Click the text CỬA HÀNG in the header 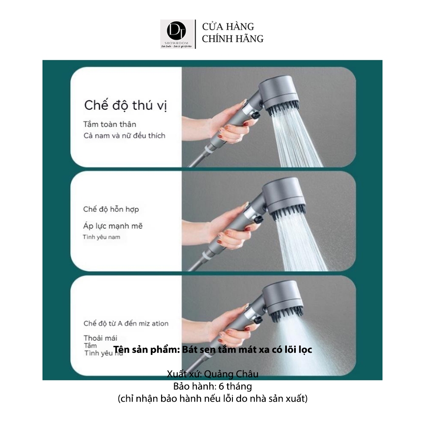pyautogui.click(x=228, y=27)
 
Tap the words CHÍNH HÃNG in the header pyautogui.click(x=232, y=39)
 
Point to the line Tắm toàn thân pyautogui.click(x=110, y=124)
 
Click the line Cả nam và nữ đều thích pyautogui.click(x=124, y=136)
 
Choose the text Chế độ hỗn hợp pyautogui.click(x=111, y=209)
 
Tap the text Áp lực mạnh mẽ pyautogui.click(x=113, y=226)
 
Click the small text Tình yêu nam pyautogui.click(x=102, y=237)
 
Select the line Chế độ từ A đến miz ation pyautogui.click(x=126, y=323)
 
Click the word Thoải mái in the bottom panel pyautogui.click(x=100, y=338)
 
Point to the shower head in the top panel pyautogui.click(x=283, y=96)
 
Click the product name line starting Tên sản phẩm pyautogui.click(x=212, y=350)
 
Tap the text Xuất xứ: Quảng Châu pyautogui.click(x=212, y=374)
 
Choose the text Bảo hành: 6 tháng pyautogui.click(x=212, y=387)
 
